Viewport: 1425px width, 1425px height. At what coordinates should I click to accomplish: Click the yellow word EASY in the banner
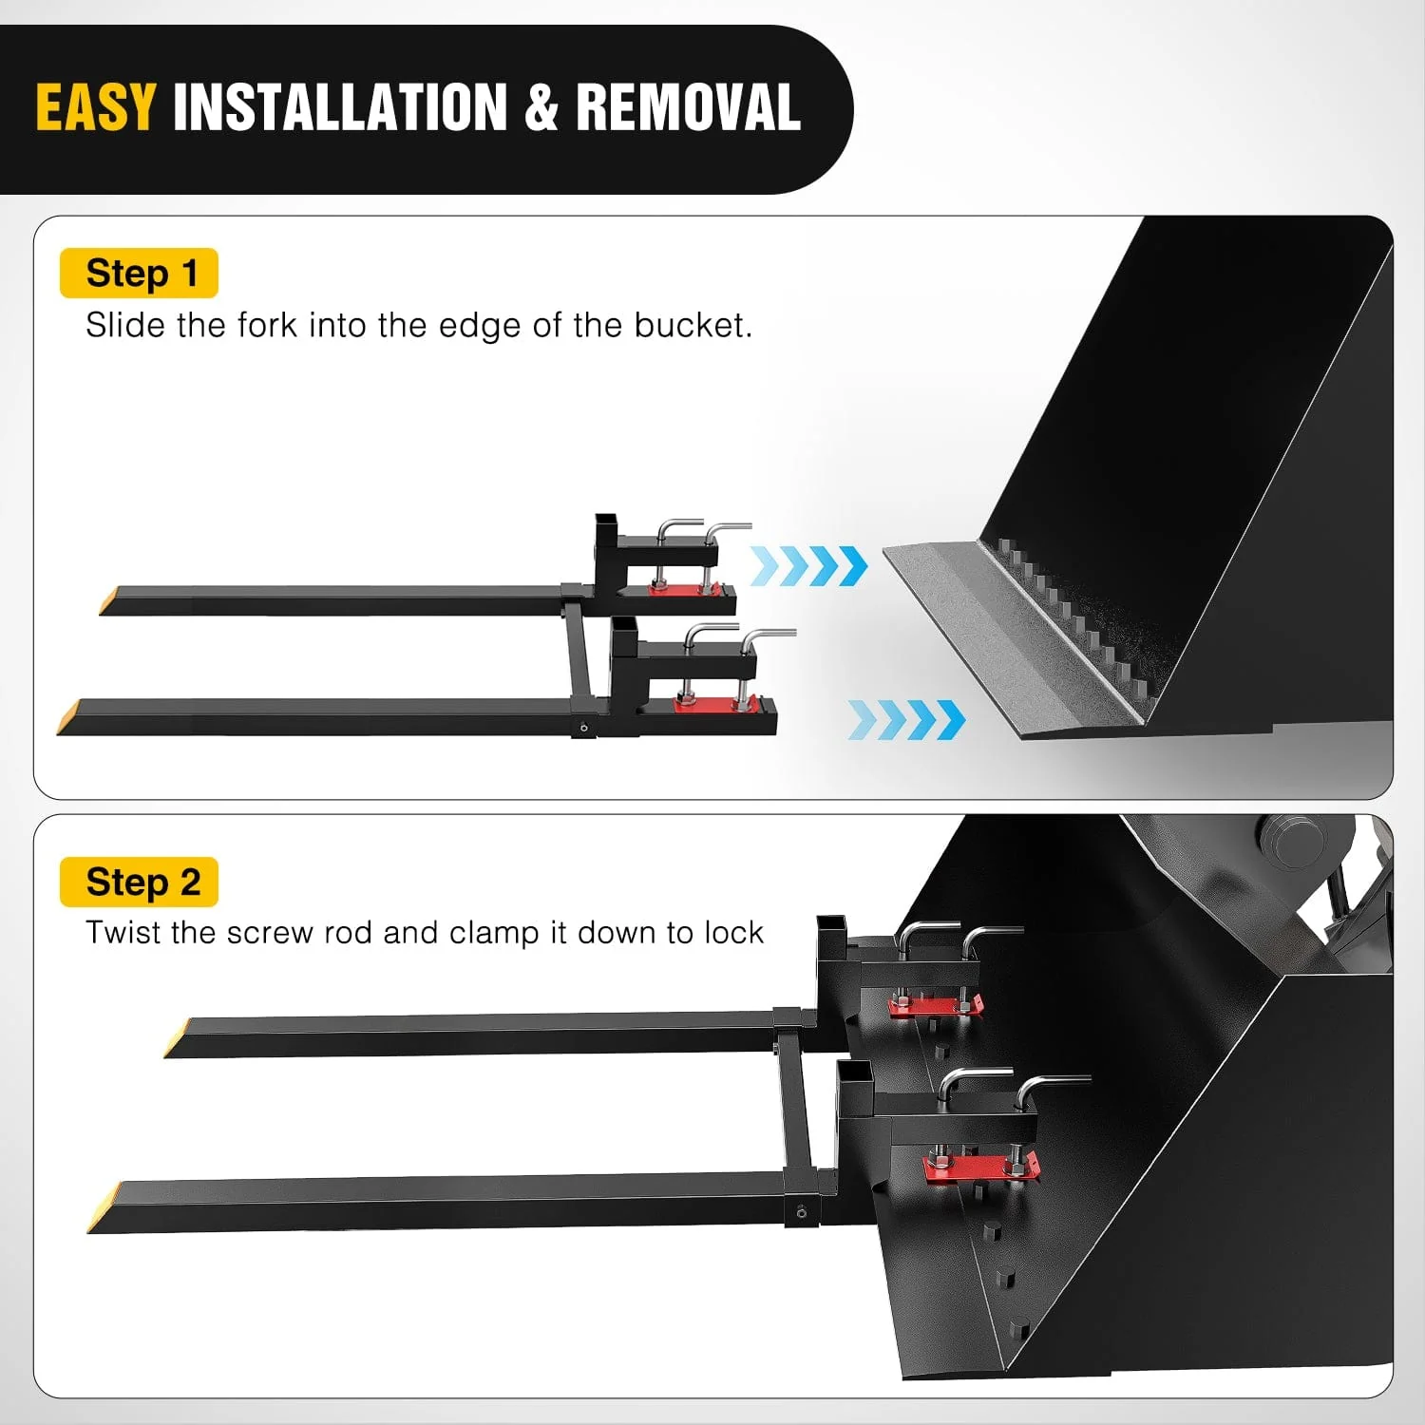point(95,107)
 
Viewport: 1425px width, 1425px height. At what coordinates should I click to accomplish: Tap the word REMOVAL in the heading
point(688,107)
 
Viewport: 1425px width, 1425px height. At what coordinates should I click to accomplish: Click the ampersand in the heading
point(541,107)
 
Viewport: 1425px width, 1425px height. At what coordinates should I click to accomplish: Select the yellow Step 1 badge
point(139,274)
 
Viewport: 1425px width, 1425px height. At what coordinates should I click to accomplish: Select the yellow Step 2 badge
point(139,882)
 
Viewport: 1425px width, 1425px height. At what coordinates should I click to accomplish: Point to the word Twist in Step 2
point(123,933)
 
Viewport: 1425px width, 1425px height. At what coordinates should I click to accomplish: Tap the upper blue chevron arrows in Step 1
point(808,566)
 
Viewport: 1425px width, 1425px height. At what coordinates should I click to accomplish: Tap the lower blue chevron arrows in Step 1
point(906,719)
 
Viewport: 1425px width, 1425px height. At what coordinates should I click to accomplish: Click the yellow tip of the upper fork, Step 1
point(110,601)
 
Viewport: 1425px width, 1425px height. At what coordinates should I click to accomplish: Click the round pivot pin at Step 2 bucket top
point(1293,841)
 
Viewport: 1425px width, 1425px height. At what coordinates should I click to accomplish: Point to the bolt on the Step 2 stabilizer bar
point(802,1213)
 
